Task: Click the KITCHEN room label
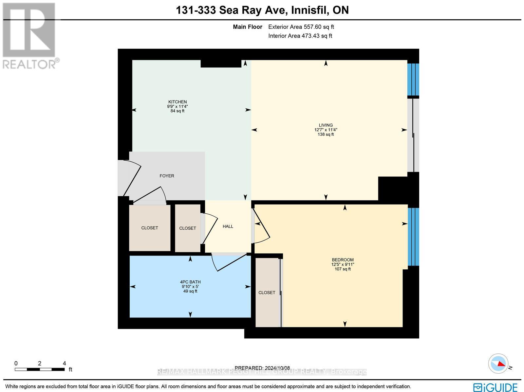[x=177, y=102]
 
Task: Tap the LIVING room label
[x=326, y=125]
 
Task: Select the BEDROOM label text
[x=343, y=260]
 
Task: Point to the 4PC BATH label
[x=190, y=282]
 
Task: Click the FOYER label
[x=167, y=176]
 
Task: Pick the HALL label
[x=228, y=226]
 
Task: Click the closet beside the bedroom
[x=267, y=292]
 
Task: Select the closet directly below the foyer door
[x=150, y=228]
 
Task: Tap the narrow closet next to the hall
[x=187, y=228]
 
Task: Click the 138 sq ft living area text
[x=326, y=134]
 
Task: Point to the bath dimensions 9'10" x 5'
[x=190, y=287]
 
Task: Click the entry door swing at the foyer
[x=131, y=178]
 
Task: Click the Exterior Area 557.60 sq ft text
[x=301, y=27]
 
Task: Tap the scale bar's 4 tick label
[x=64, y=363]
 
